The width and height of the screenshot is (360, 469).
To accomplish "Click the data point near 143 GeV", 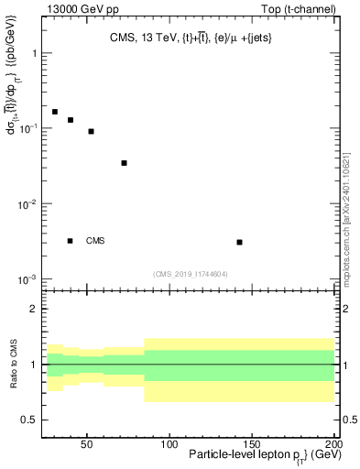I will click(x=239, y=242).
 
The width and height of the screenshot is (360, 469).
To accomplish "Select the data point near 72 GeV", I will click(x=124, y=163).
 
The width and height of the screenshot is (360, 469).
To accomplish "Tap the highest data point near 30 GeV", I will click(x=55, y=112).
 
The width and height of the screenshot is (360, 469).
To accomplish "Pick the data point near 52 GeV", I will click(x=91, y=131).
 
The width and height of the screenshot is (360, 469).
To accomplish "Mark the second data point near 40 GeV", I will click(x=71, y=120).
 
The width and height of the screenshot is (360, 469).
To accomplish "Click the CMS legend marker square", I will click(x=71, y=241).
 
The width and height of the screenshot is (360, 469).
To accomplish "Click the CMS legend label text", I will click(x=95, y=241).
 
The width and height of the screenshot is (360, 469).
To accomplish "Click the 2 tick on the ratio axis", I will click(x=35, y=309).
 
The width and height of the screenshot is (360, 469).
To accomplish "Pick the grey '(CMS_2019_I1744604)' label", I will click(x=190, y=273).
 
